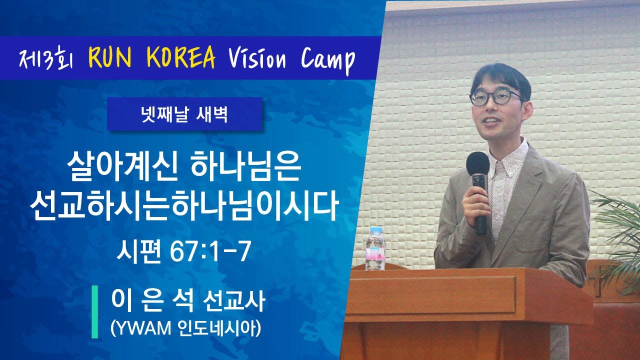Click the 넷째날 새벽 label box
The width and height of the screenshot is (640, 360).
point(184,114)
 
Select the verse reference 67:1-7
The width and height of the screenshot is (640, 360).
point(210,251)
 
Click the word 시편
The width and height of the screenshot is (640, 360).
point(138,251)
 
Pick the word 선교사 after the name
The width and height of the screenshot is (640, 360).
point(233,301)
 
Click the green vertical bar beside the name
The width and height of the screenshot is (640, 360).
point(94,311)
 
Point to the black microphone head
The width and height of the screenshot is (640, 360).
point(477,163)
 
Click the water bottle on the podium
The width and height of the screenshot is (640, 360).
point(375,248)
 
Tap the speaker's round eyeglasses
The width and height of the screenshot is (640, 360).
point(496,97)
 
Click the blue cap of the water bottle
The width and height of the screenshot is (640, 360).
point(376,229)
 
